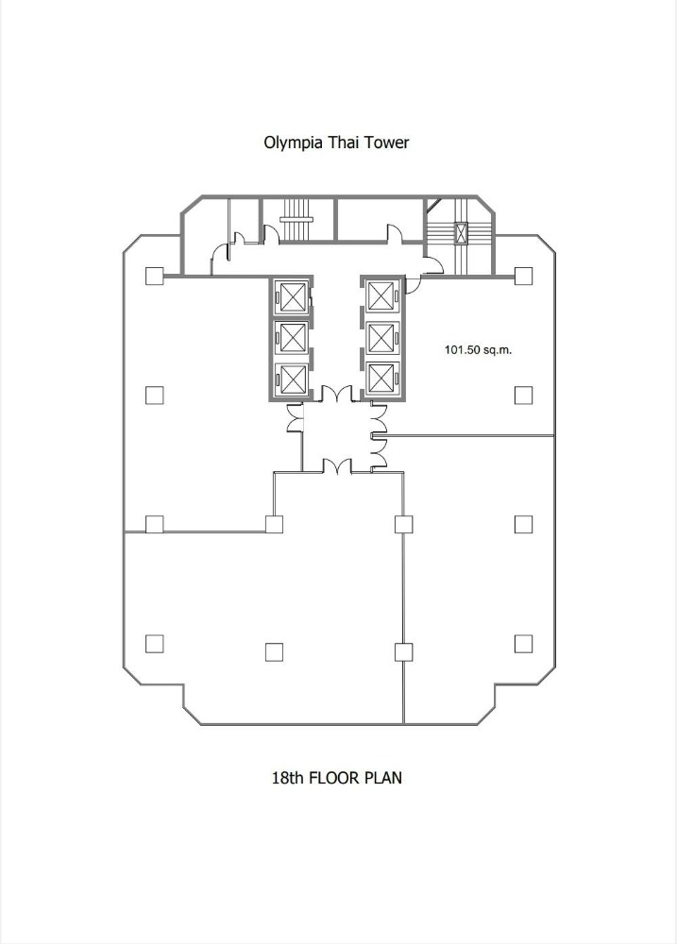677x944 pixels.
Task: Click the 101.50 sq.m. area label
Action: (x=479, y=350)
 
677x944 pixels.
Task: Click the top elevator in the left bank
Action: (x=291, y=296)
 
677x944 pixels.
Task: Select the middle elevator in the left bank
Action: (x=291, y=337)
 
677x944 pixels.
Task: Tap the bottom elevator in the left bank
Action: (x=291, y=379)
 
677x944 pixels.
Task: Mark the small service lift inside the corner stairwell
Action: (x=461, y=232)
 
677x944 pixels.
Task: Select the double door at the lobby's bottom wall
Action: (x=337, y=464)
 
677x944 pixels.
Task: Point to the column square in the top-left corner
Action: (x=154, y=276)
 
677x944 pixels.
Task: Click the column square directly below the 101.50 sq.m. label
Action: (x=523, y=395)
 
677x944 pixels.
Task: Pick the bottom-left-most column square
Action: (x=154, y=644)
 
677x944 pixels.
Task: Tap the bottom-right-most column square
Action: (x=523, y=644)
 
